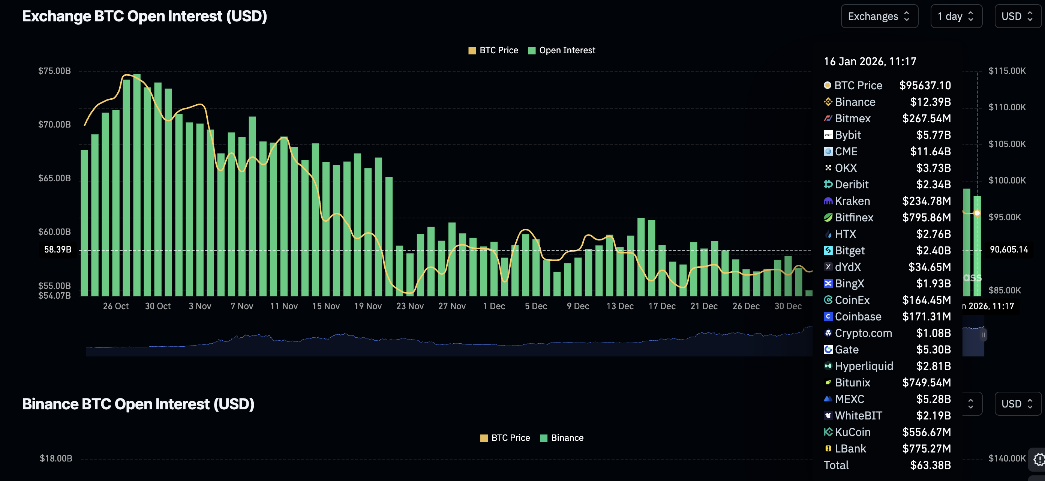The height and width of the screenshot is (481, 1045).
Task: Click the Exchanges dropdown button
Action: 879,16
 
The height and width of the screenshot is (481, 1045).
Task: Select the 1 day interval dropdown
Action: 956,16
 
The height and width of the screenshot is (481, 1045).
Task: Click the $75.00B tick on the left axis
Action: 54,71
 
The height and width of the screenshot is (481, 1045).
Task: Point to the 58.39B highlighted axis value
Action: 58,249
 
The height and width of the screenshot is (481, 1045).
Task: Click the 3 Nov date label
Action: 199,306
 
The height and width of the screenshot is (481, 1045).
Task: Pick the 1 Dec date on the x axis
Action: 494,306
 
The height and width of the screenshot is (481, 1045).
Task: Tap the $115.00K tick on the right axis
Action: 1007,71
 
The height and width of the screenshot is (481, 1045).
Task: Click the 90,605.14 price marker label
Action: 1009,249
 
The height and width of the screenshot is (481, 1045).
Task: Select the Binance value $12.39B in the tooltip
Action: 930,102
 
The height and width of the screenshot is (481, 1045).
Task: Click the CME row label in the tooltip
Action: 846,152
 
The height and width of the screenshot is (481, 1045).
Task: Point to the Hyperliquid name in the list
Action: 864,366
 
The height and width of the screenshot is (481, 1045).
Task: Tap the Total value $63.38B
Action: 930,465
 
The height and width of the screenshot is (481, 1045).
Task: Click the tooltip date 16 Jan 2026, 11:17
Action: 870,61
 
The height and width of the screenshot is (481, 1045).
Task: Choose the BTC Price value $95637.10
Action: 925,85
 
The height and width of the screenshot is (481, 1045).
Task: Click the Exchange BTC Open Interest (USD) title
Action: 144,16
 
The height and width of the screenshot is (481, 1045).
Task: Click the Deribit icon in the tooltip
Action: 828,184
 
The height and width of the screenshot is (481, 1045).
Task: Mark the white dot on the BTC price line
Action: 977,213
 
